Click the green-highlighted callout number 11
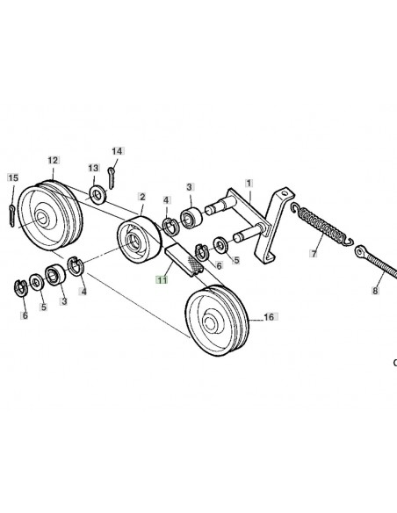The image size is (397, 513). pyautogui.click(x=162, y=280)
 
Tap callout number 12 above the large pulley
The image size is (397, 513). pyautogui.click(x=53, y=160)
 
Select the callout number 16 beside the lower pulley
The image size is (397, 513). pyautogui.click(x=269, y=317)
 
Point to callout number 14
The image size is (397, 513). pyautogui.click(x=117, y=151)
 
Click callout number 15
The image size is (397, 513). pyautogui.click(x=13, y=177)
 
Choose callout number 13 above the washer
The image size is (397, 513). pyautogui.click(x=93, y=168)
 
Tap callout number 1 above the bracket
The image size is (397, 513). pyautogui.click(x=249, y=183)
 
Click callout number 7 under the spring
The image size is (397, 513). pyautogui.click(x=314, y=253)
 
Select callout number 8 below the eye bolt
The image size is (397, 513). pyautogui.click(x=375, y=290)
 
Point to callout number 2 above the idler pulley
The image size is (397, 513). pyautogui.click(x=142, y=197)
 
